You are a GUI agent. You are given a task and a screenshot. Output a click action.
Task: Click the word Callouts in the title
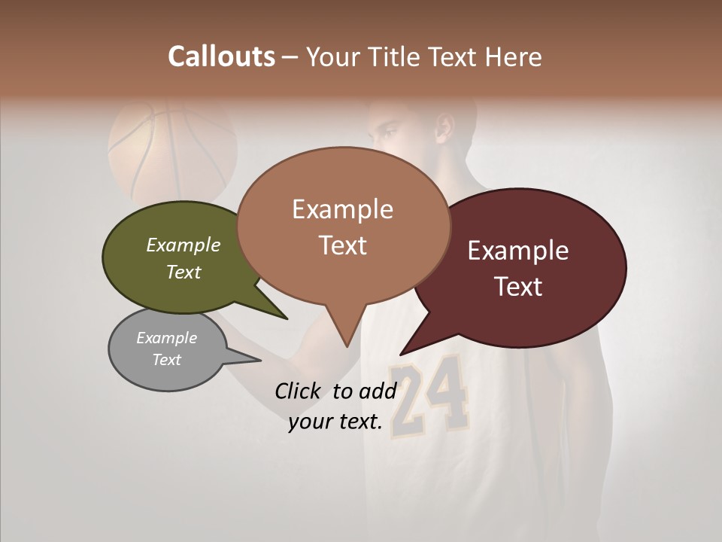point(221,56)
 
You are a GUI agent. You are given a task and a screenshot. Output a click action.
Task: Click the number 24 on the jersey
point(429,399)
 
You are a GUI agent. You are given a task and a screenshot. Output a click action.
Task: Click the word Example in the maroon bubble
point(518,251)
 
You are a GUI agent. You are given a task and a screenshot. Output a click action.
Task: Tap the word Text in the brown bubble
point(343,245)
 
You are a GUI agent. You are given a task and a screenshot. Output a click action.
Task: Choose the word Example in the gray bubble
point(166,338)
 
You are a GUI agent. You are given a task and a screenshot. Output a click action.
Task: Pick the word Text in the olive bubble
point(184,272)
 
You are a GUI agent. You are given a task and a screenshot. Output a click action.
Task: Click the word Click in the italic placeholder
point(299,391)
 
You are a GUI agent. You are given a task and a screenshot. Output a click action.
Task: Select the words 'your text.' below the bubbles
point(335,422)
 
